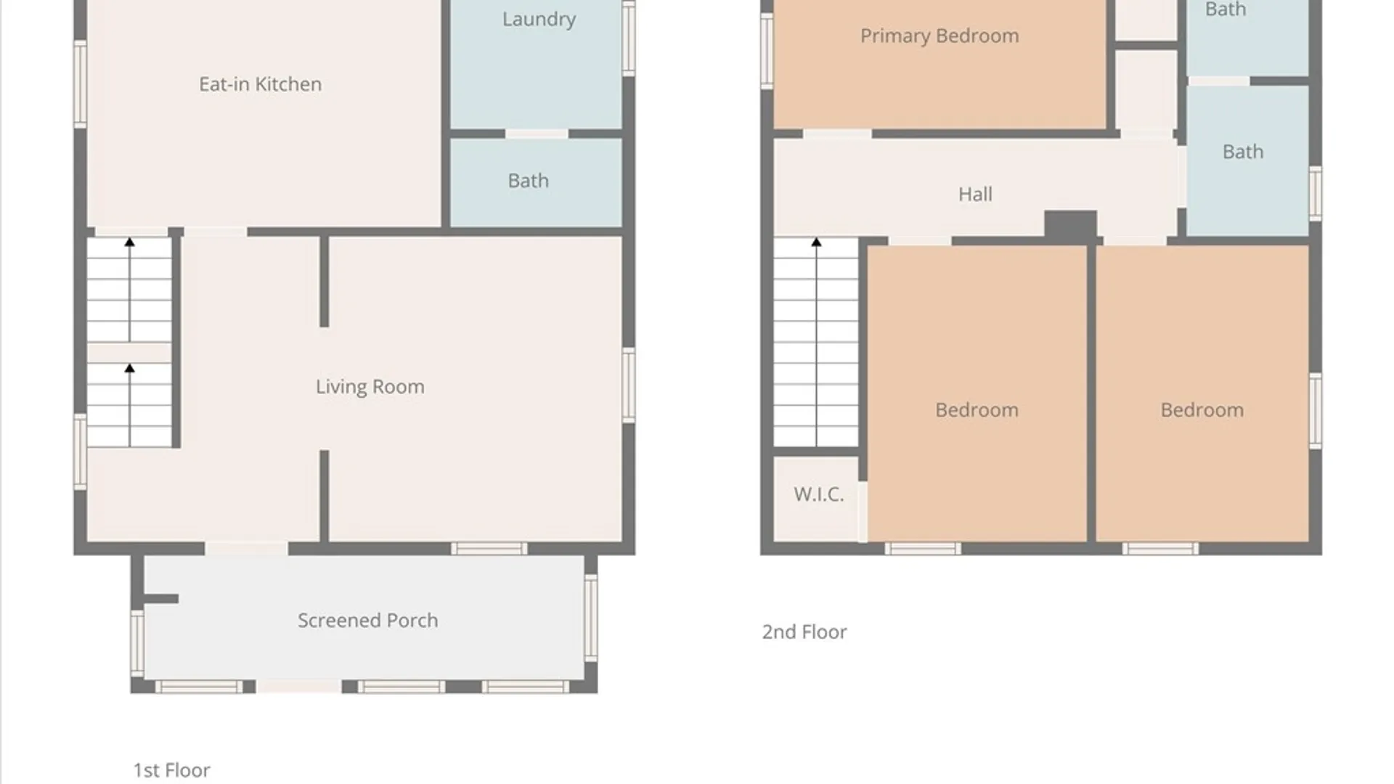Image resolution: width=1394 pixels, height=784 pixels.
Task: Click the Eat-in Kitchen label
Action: pyautogui.click(x=260, y=84)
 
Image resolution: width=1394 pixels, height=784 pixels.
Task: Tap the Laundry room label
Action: pyautogui.click(x=539, y=19)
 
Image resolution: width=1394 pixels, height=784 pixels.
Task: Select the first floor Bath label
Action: pyautogui.click(x=528, y=181)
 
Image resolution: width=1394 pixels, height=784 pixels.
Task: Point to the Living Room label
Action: pyautogui.click(x=370, y=387)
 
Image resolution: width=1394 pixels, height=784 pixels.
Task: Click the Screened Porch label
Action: pyautogui.click(x=367, y=621)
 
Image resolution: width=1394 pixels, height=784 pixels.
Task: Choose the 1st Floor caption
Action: pyautogui.click(x=171, y=770)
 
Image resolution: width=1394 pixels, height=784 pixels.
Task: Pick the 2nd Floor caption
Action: pyautogui.click(x=804, y=632)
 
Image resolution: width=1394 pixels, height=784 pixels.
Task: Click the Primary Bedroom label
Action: pyautogui.click(x=939, y=36)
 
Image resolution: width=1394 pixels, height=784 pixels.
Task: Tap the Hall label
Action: pyautogui.click(x=974, y=195)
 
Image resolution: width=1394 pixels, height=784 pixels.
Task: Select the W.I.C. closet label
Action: pyautogui.click(x=818, y=495)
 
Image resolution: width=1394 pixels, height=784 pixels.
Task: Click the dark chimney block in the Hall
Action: pyautogui.click(x=1069, y=225)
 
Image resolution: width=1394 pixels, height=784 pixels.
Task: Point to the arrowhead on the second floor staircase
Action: pyautogui.click(x=816, y=242)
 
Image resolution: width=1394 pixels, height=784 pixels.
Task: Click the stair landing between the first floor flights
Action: pyautogui.click(x=129, y=353)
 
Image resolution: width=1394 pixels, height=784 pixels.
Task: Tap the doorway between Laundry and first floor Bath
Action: pyautogui.click(x=537, y=134)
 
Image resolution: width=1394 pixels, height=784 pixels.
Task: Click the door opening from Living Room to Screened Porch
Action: pyautogui.click(x=246, y=549)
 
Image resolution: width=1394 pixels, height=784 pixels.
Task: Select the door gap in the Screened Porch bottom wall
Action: pyautogui.click(x=298, y=687)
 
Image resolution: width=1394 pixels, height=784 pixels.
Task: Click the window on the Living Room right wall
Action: pyautogui.click(x=629, y=385)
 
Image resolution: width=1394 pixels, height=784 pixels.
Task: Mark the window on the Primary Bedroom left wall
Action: pyautogui.click(x=767, y=51)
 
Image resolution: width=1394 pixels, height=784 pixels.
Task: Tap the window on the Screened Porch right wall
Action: pyautogui.click(x=591, y=617)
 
